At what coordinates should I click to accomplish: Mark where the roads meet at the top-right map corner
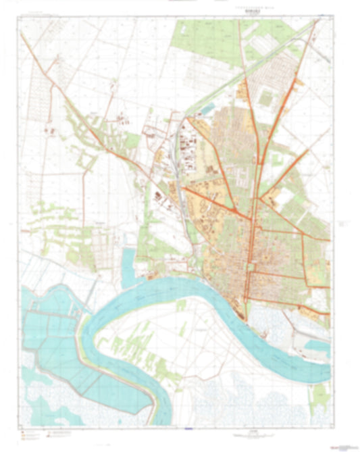(x=317, y=20)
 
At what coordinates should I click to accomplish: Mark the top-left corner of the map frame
(x=20, y=17)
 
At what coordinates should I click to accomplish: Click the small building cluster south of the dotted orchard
(x=49, y=127)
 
